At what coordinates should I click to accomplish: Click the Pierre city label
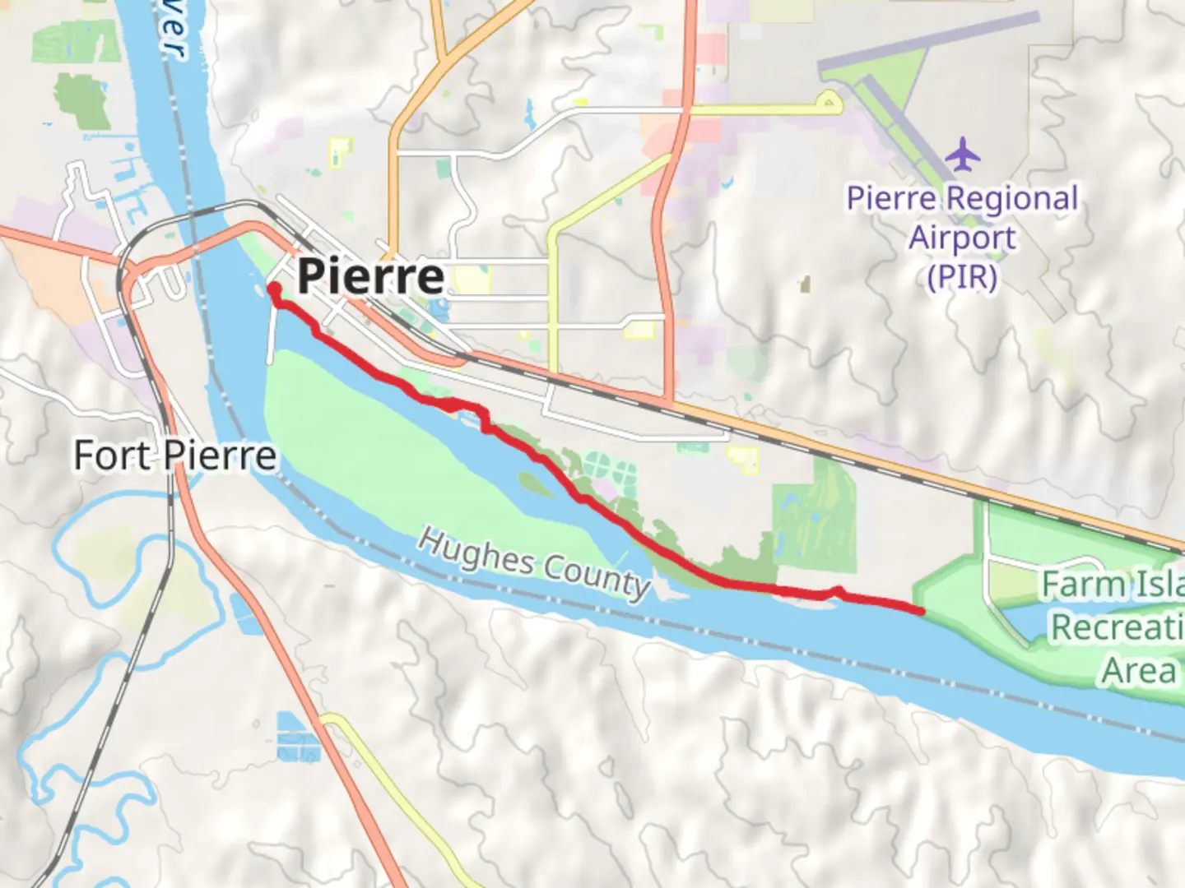tap(370, 276)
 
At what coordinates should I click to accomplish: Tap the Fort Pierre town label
tap(174, 456)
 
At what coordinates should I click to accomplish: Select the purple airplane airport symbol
tap(962, 155)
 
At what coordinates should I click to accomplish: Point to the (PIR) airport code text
tap(962, 277)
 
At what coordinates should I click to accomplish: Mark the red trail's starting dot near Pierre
tap(273, 289)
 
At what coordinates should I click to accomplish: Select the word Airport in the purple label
tap(962, 238)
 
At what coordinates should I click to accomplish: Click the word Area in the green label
tap(1140, 671)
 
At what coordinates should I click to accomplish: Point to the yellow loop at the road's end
tap(829, 103)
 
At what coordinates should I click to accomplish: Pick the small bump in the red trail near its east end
tap(837, 590)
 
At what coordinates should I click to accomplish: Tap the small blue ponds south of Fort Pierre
tap(296, 737)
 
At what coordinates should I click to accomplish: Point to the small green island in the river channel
tap(535, 484)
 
